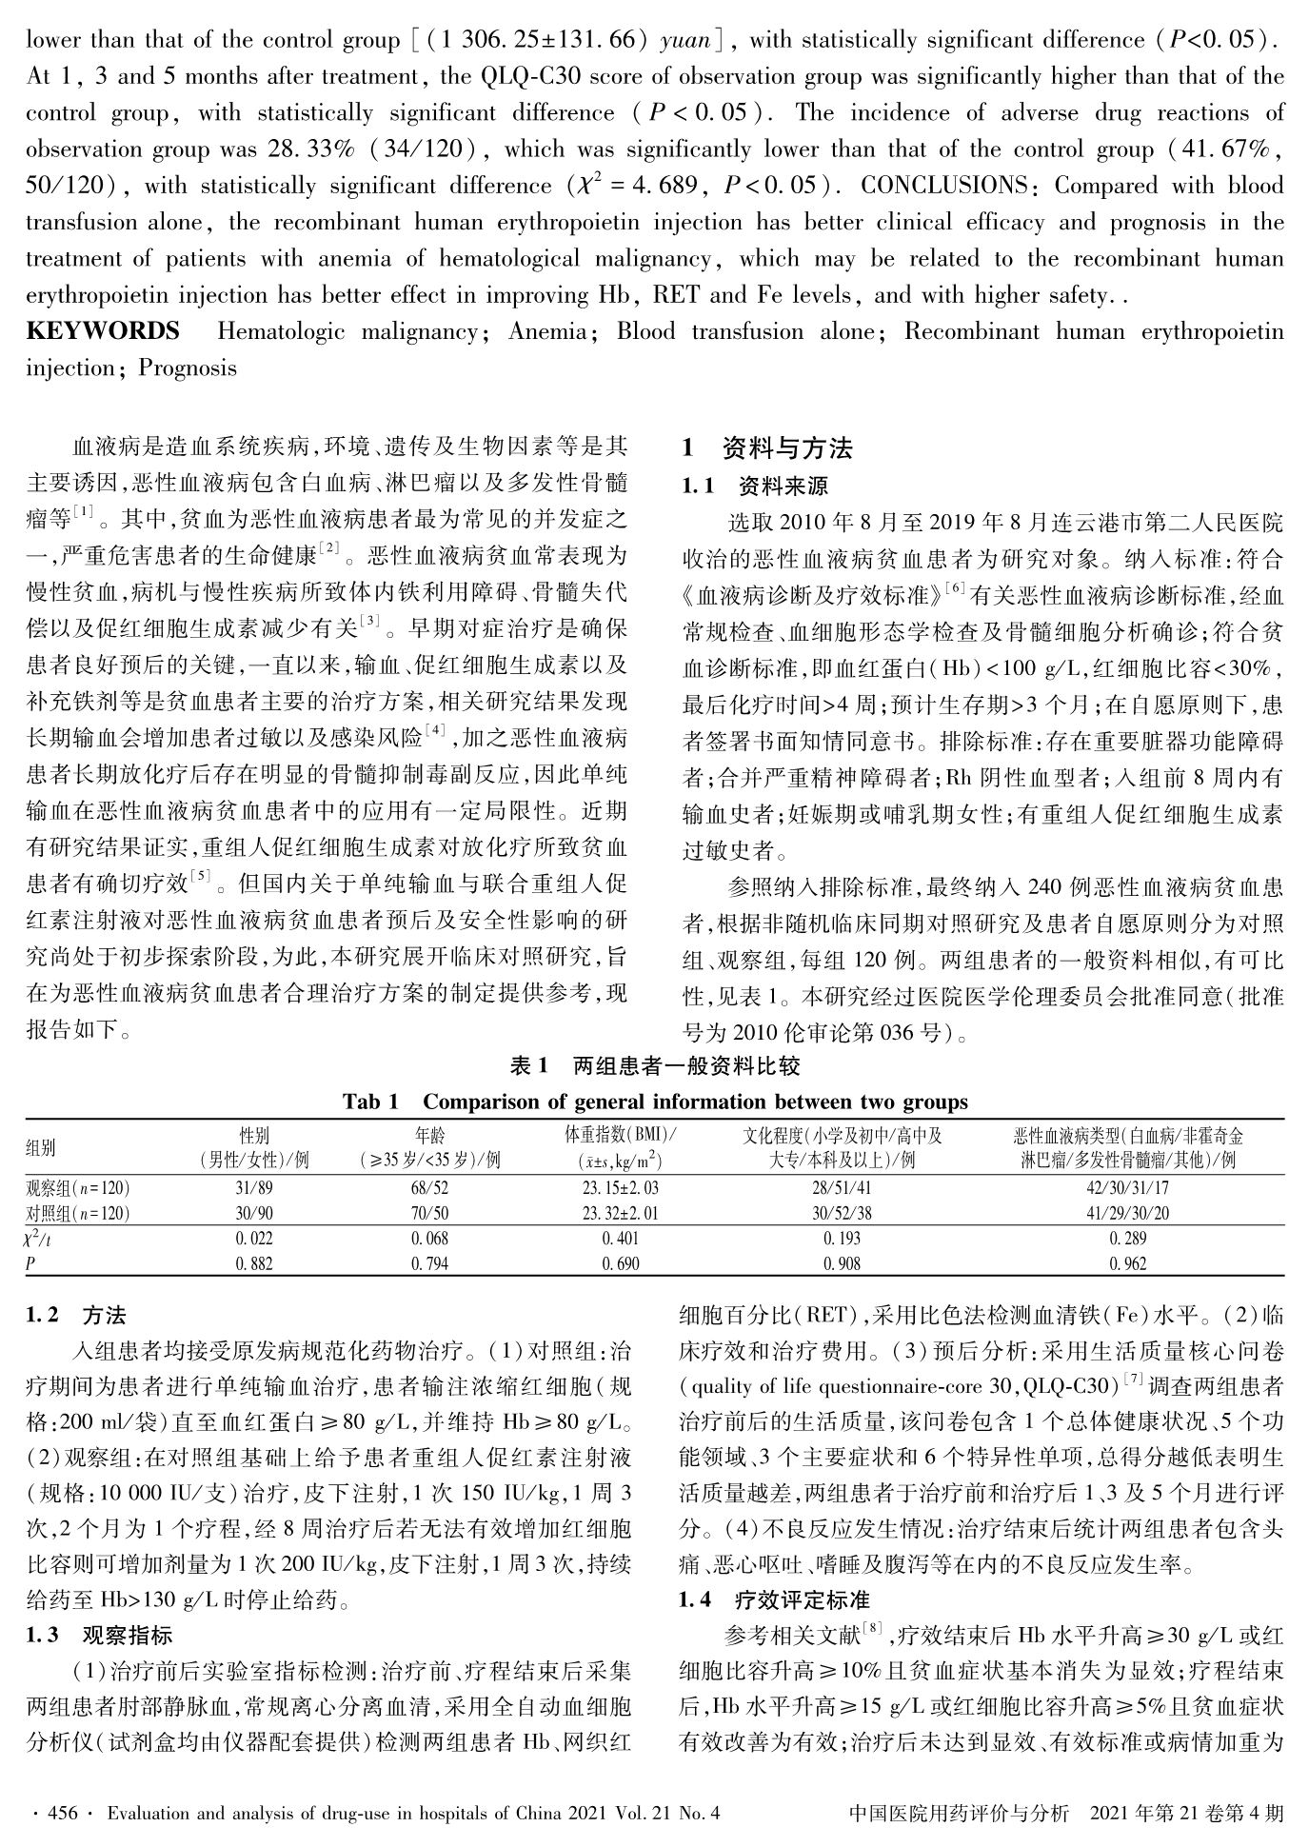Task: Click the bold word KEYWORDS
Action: (103, 331)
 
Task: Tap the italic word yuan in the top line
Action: (686, 40)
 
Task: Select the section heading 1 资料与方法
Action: (767, 447)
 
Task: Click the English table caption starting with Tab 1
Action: (655, 1102)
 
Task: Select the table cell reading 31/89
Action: (254, 1188)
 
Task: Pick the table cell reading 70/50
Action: (430, 1214)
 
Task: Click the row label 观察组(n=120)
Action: (78, 1188)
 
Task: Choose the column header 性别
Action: (254, 1136)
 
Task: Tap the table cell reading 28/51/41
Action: (843, 1188)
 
